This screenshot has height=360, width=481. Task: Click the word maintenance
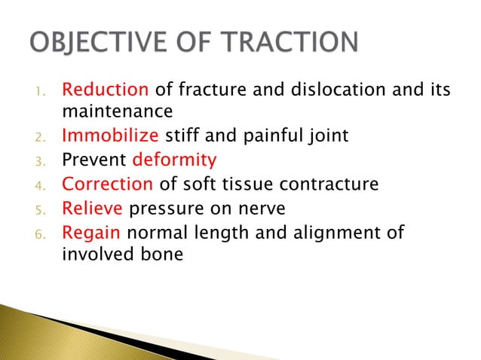pyautogui.click(x=116, y=112)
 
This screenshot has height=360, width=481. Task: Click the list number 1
pyautogui.click(x=41, y=92)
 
